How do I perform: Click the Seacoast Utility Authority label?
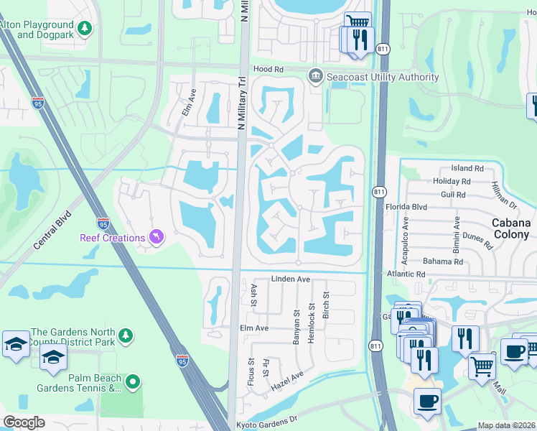[x=383, y=78]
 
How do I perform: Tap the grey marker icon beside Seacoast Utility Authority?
[x=315, y=76]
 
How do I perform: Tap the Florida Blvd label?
[x=406, y=207]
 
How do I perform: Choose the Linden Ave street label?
[x=290, y=279]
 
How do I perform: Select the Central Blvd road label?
[x=52, y=231]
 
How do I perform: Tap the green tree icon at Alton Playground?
[x=85, y=28]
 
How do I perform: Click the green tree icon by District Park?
[x=126, y=335]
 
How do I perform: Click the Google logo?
[x=24, y=422]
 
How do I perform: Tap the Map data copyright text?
[x=506, y=425]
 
